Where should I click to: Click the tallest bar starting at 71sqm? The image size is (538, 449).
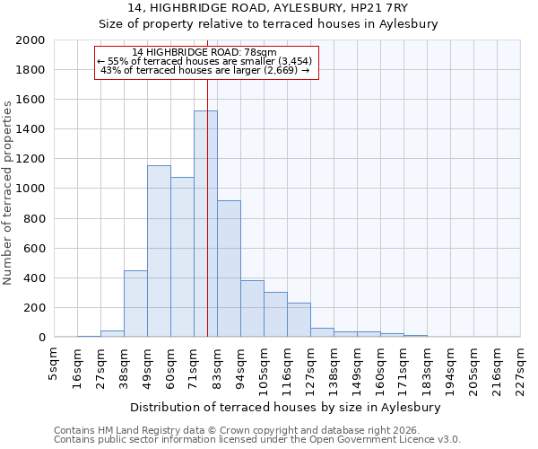pyautogui.click(x=205, y=224)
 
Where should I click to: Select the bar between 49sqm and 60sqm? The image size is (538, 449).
pyautogui.click(x=159, y=251)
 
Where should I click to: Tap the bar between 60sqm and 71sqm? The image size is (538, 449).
pyautogui.click(x=182, y=257)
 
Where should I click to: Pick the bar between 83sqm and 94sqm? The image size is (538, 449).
pyautogui.click(x=229, y=269)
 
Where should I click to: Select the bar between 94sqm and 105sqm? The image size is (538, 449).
pyautogui.click(x=252, y=309)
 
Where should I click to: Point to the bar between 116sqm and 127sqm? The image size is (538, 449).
pyautogui.click(x=299, y=320)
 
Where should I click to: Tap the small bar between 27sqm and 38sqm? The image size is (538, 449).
pyautogui.click(x=112, y=333)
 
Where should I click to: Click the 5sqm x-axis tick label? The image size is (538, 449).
pyautogui.click(x=54, y=365)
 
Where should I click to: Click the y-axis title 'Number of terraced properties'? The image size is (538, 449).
pyautogui.click(x=8, y=193)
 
